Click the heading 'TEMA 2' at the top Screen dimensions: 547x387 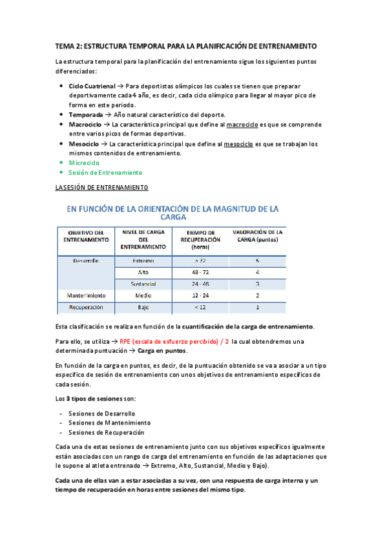71,47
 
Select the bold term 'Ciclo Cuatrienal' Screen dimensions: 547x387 92,86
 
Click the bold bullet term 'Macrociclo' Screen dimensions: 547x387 87,124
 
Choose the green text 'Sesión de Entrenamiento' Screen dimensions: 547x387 105,173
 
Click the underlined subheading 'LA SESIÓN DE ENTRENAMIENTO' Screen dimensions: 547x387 102,188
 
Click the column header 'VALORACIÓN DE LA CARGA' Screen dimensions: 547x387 256,235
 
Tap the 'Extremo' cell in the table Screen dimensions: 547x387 143,261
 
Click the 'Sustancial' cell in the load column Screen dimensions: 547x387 143,284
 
